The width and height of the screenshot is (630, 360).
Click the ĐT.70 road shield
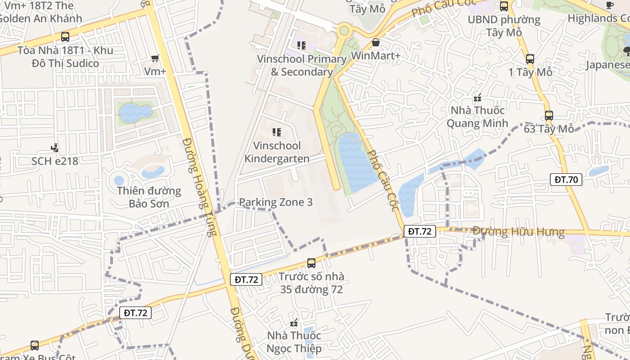click(566, 180)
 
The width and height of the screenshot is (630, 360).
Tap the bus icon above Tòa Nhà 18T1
click(65, 37)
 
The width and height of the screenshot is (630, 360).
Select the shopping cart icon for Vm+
click(155, 58)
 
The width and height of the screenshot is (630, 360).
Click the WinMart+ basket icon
click(375, 42)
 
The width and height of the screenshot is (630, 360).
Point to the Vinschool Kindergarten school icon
click(277, 132)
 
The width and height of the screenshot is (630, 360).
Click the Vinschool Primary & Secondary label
click(301, 65)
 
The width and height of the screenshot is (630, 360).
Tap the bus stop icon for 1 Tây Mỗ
click(530, 58)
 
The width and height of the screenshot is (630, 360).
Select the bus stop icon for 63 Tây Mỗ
click(549, 116)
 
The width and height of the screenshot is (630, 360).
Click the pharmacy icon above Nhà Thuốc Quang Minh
click(477, 97)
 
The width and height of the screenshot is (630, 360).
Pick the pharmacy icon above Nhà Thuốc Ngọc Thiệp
click(294, 322)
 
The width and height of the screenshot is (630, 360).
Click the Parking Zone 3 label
click(275, 202)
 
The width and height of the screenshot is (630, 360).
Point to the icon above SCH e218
click(55, 148)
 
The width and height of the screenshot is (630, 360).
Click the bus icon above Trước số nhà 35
click(311, 263)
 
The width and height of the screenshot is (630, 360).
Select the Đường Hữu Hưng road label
click(518, 232)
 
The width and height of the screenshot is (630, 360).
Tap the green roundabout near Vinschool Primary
click(344, 31)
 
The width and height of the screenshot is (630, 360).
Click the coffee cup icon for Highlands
click(610, 5)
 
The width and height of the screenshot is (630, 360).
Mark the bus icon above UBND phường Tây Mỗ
click(504, 6)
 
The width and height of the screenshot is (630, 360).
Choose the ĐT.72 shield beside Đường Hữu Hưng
click(420, 231)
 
